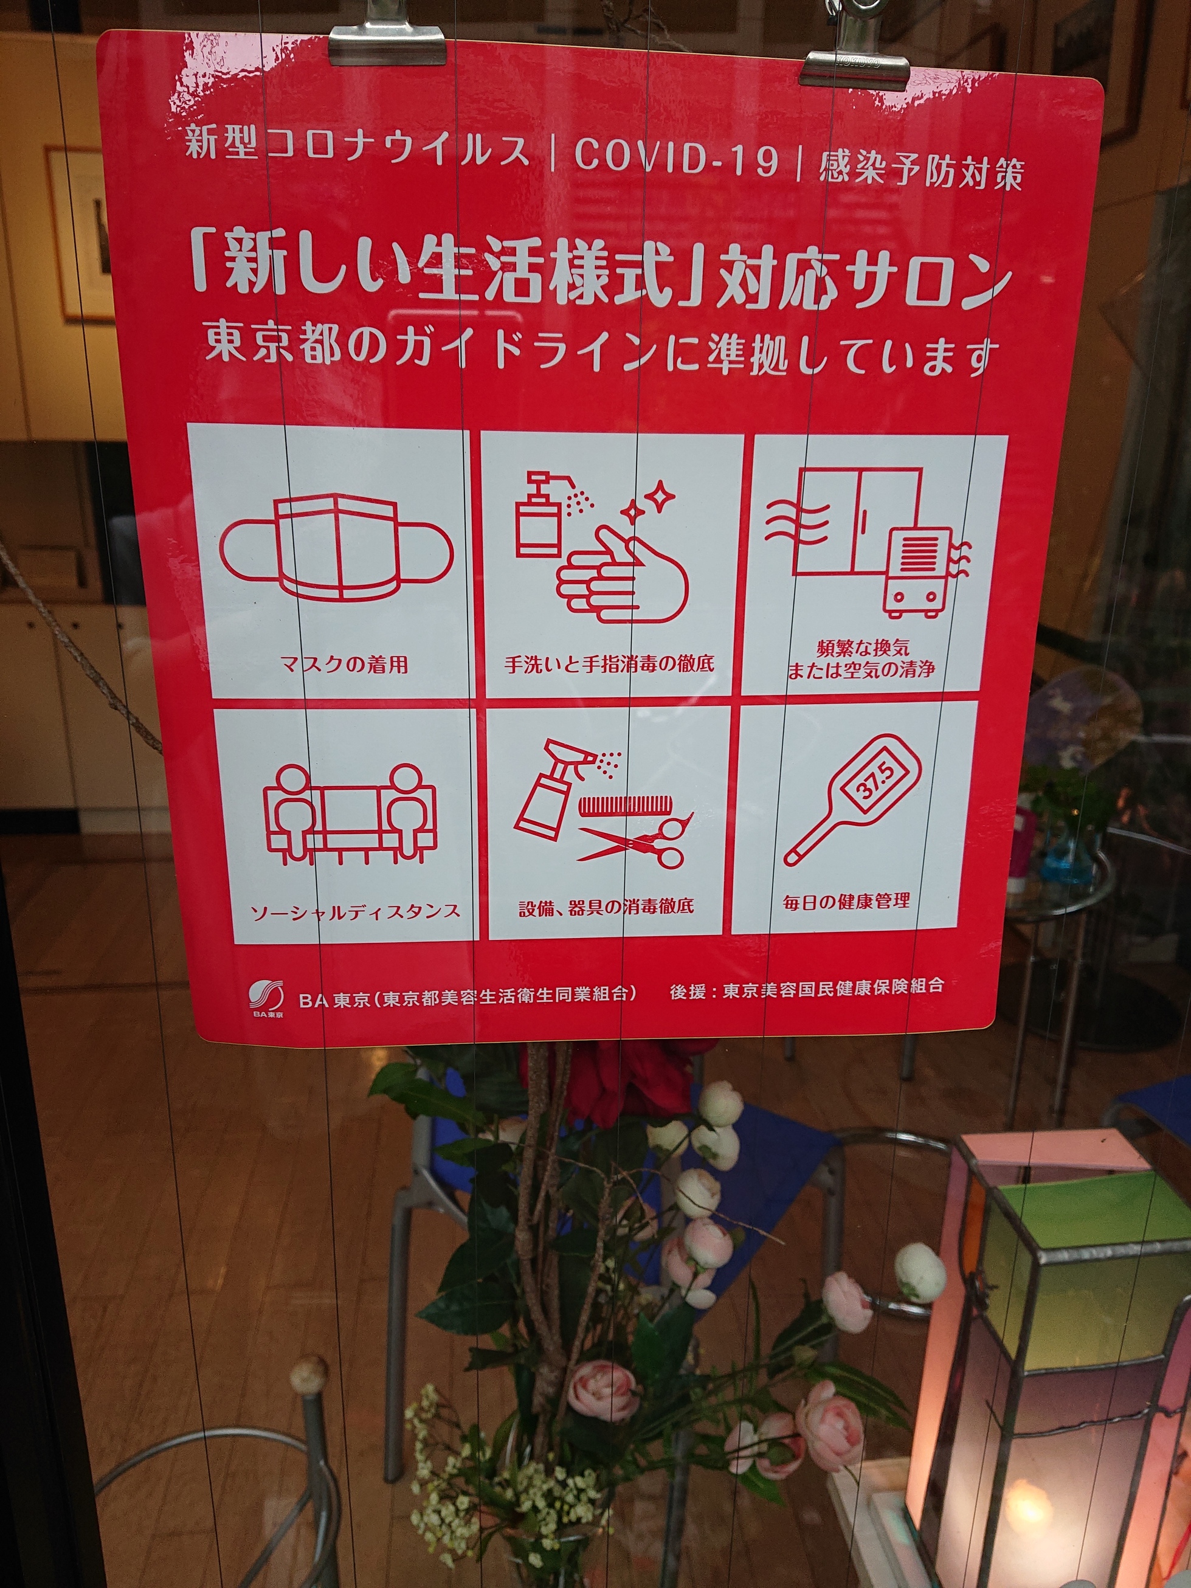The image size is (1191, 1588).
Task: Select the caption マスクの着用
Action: click(345, 664)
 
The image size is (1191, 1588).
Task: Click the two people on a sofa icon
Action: click(350, 813)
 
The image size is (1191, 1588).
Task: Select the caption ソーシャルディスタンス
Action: click(354, 912)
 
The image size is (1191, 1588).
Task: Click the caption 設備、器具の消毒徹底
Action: click(607, 906)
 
